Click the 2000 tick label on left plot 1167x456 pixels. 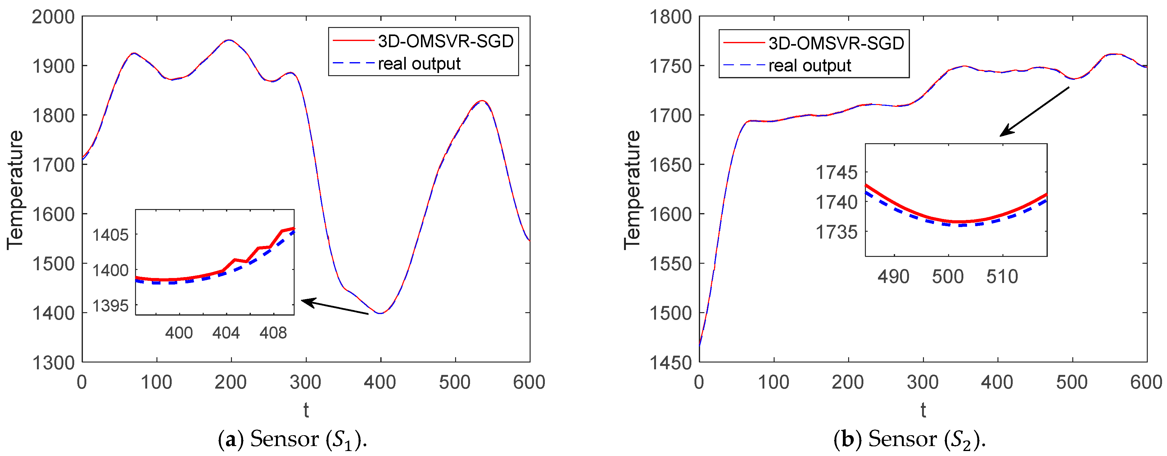53,17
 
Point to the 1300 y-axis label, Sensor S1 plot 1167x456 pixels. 53,363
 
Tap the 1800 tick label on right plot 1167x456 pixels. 671,17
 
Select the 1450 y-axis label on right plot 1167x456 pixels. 671,363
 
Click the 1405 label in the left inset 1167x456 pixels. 111,235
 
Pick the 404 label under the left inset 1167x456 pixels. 226,333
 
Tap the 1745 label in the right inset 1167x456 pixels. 837,173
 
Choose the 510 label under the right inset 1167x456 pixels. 1002,277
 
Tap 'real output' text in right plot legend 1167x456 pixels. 810,66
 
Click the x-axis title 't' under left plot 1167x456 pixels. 306,410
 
